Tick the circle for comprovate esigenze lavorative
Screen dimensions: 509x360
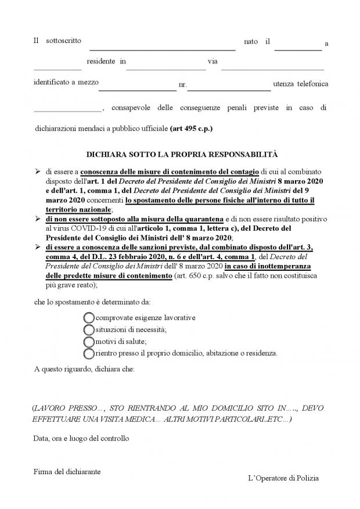89,318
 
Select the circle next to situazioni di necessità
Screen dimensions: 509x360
89,329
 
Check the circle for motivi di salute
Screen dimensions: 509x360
89,341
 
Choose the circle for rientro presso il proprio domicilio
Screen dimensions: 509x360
89,353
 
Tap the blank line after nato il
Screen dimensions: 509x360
298,50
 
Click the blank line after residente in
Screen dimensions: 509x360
165,69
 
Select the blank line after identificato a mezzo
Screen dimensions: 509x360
137,90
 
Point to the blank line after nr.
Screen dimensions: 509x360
229,90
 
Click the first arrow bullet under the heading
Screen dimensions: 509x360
37,173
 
